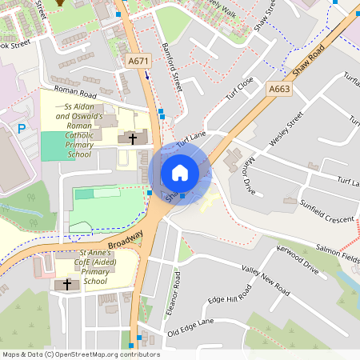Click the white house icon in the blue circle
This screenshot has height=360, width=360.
tap(180, 173)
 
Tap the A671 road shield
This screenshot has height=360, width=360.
tap(138, 61)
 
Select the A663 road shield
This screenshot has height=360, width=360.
tap(278, 89)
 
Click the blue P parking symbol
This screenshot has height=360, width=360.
tap(21, 128)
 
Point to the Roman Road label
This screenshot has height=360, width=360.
tap(70, 94)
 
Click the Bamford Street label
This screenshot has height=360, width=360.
tap(172, 66)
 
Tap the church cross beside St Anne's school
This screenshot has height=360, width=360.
tap(66, 284)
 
